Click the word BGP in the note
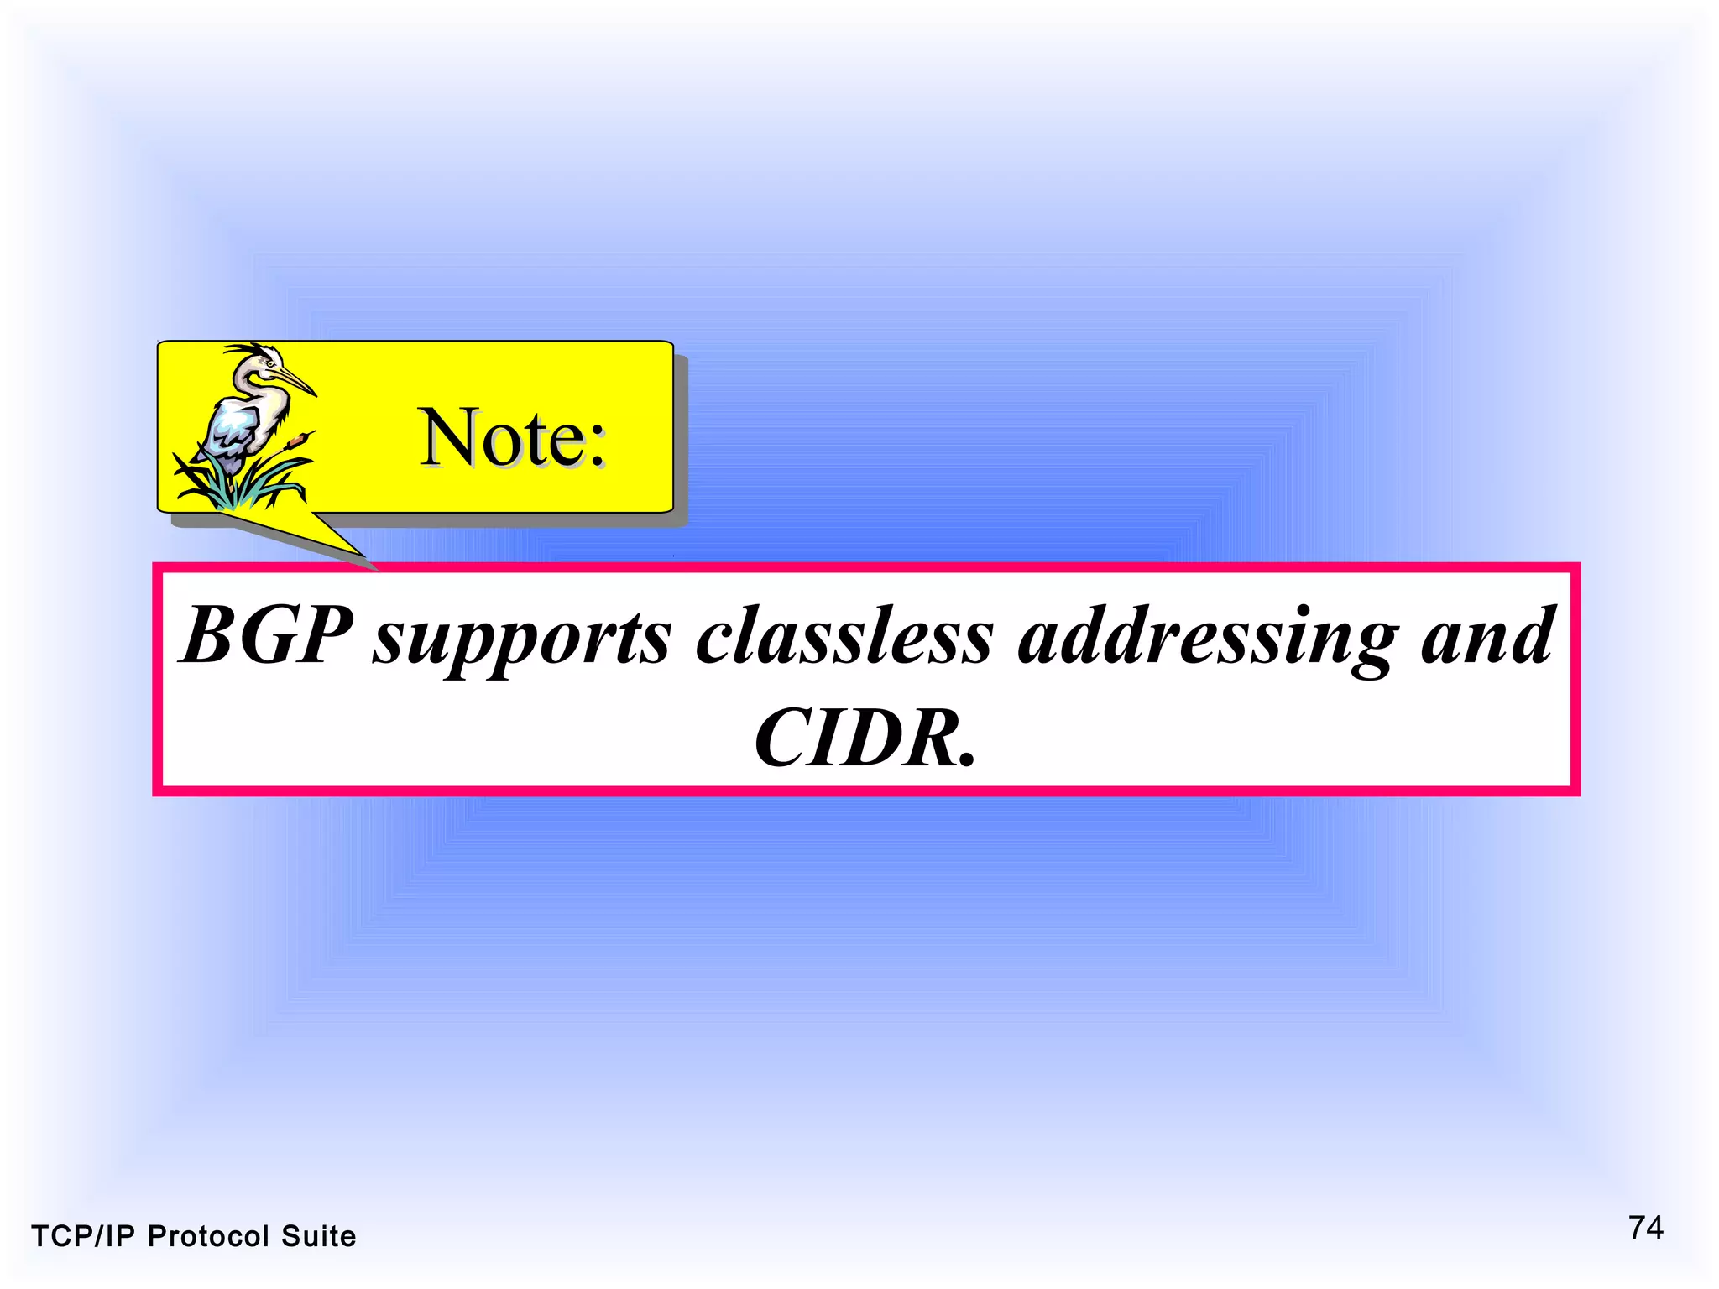267,636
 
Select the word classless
844,636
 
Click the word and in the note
1487,636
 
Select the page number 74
1646,1229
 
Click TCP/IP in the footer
82,1237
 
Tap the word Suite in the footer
318,1237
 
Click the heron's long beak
295,382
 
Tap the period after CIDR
967,760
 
